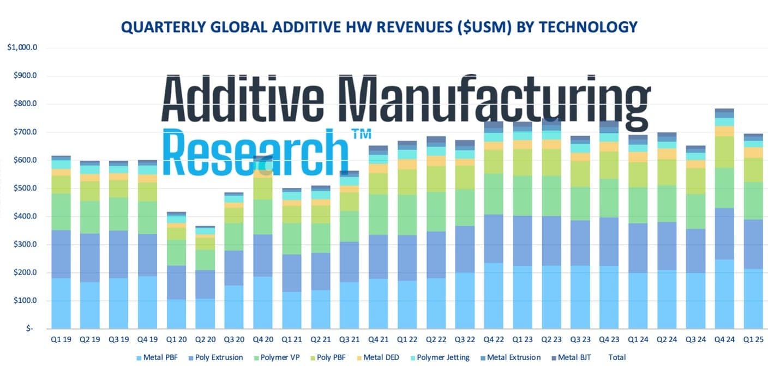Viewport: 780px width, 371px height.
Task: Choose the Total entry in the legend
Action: (617, 358)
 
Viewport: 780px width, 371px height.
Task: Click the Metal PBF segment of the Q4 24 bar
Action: (724, 294)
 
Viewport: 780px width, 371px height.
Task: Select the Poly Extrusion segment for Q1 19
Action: (61, 254)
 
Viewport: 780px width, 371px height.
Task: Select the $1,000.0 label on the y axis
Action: (21, 47)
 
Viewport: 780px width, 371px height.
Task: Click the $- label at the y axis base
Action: (28, 329)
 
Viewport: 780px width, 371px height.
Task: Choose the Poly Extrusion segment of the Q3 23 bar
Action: (580, 242)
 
